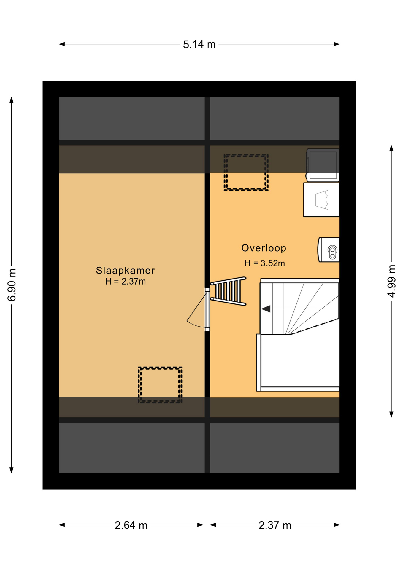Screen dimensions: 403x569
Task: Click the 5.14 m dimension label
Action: (199, 44)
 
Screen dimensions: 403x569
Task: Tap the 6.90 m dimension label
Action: (12, 285)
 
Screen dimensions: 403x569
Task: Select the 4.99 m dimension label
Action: (391, 281)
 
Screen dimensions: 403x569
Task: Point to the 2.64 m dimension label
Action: (131, 525)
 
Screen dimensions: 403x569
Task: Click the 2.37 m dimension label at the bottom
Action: (275, 525)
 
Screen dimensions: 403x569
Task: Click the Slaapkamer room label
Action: (125, 270)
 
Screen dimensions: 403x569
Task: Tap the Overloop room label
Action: (264, 248)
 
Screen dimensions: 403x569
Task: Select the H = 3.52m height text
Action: (264, 263)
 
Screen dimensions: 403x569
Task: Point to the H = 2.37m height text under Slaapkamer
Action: (126, 282)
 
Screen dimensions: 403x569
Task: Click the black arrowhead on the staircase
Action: (266, 309)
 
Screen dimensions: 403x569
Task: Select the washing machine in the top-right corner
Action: (323, 165)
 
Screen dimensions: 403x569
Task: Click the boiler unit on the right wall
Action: (329, 250)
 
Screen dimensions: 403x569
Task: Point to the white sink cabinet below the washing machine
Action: (321, 200)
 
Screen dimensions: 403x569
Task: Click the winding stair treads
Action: (300, 308)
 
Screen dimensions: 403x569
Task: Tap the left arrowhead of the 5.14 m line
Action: (62, 44)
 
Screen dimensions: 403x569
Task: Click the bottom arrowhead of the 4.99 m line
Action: (391, 414)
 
